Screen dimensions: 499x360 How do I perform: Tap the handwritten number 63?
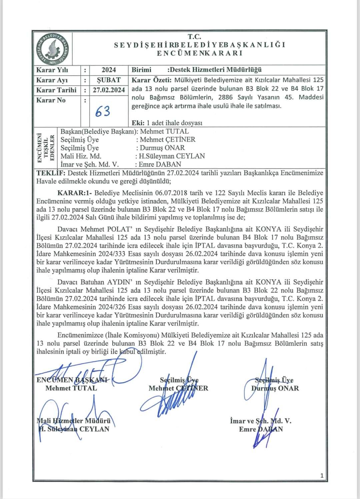pos(103,112)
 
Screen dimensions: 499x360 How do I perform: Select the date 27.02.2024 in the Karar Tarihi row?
pos(109,90)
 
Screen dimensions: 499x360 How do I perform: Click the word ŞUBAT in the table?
pos(109,80)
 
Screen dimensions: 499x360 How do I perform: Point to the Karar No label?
pos(51,100)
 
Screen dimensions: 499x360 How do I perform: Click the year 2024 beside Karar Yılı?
pos(109,70)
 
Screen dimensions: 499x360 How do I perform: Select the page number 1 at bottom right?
pos(321,476)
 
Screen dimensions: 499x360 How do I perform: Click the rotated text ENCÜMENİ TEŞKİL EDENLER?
pos(46,148)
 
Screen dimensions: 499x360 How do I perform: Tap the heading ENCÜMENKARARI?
pos(200,53)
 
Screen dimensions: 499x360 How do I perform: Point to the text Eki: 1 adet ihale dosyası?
pos(167,123)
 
